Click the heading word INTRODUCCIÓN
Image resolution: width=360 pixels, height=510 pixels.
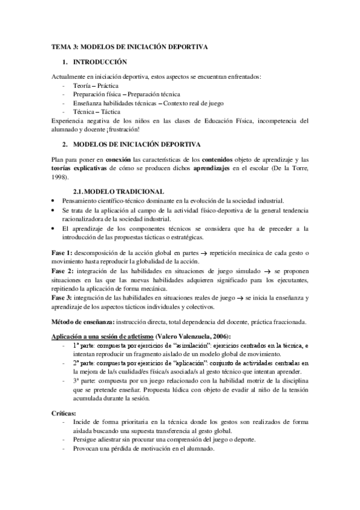100,62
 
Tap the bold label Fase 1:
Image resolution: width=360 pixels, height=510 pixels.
62,254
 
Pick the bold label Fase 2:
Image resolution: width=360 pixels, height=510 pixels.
62,271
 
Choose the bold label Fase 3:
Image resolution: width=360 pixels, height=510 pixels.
62,297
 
